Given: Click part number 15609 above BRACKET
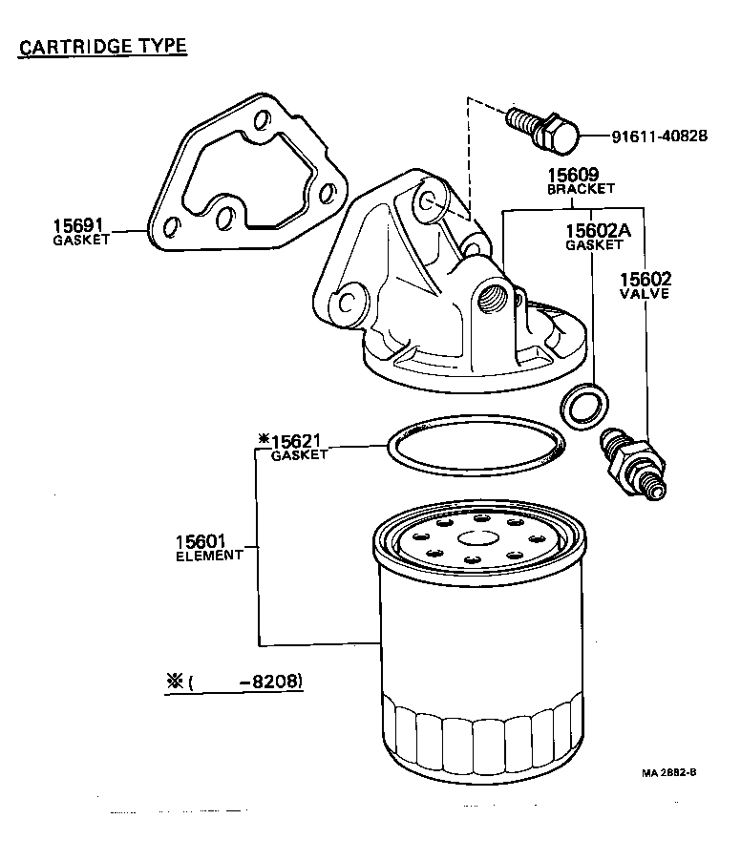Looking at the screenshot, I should point(572,175).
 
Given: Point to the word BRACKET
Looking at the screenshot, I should point(581,189).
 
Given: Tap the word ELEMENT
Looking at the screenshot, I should point(209,555).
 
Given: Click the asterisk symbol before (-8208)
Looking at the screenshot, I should point(174,681).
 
